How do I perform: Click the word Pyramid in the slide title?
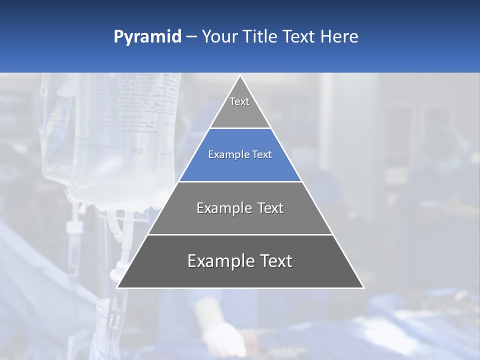click(x=147, y=37)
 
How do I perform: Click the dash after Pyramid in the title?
click(x=191, y=37)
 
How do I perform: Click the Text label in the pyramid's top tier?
click(x=239, y=101)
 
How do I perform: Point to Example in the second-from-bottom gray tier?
click(x=222, y=208)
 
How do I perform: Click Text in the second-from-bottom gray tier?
click(x=268, y=208)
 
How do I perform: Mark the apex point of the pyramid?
click(x=240, y=76)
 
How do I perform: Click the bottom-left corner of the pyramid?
click(x=117, y=287)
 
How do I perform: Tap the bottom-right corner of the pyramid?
click(x=363, y=287)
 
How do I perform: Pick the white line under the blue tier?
click(x=240, y=181)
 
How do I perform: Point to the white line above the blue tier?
click(x=240, y=128)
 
